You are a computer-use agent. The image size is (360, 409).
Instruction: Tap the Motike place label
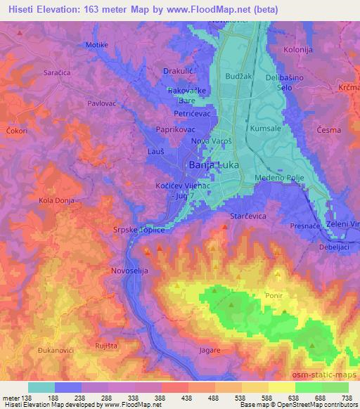point(96,45)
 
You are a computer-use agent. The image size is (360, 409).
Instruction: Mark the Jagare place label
point(210,349)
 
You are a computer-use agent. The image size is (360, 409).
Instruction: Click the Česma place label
point(328,130)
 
